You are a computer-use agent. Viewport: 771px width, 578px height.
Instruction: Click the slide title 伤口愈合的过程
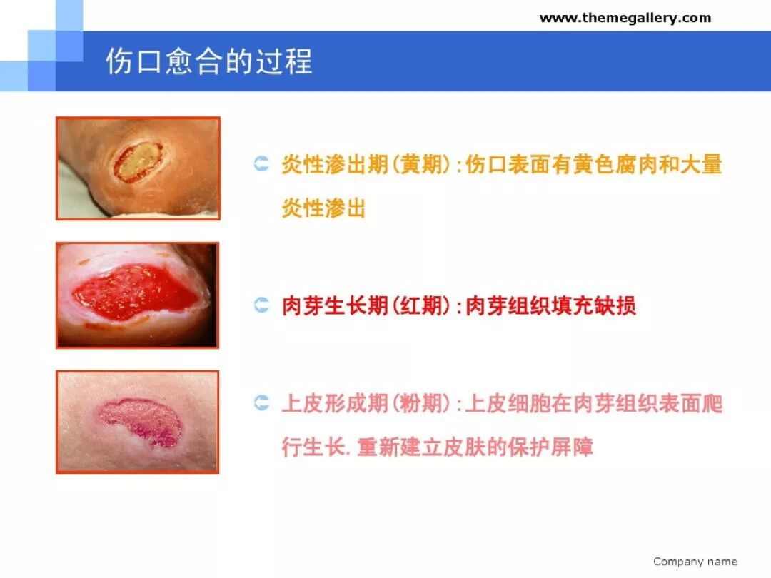pos(208,61)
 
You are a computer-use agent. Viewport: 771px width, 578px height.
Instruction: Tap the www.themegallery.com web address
pos(625,18)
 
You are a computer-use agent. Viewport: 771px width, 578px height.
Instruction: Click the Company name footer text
pos(695,562)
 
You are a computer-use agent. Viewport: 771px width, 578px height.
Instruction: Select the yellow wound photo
pos(138,168)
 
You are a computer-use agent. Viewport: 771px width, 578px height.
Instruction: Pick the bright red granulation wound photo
pos(137,295)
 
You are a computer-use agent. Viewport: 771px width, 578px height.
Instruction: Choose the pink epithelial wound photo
pos(137,422)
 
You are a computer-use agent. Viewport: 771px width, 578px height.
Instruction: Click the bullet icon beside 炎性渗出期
pos(262,166)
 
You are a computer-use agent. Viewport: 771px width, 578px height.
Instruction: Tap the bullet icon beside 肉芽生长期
pos(262,306)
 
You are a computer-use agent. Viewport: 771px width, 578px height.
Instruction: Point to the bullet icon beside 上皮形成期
pos(262,404)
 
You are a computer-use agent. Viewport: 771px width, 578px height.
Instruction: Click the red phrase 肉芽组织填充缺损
pos(550,306)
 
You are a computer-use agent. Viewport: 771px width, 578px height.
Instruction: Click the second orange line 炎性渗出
pos(323,208)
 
